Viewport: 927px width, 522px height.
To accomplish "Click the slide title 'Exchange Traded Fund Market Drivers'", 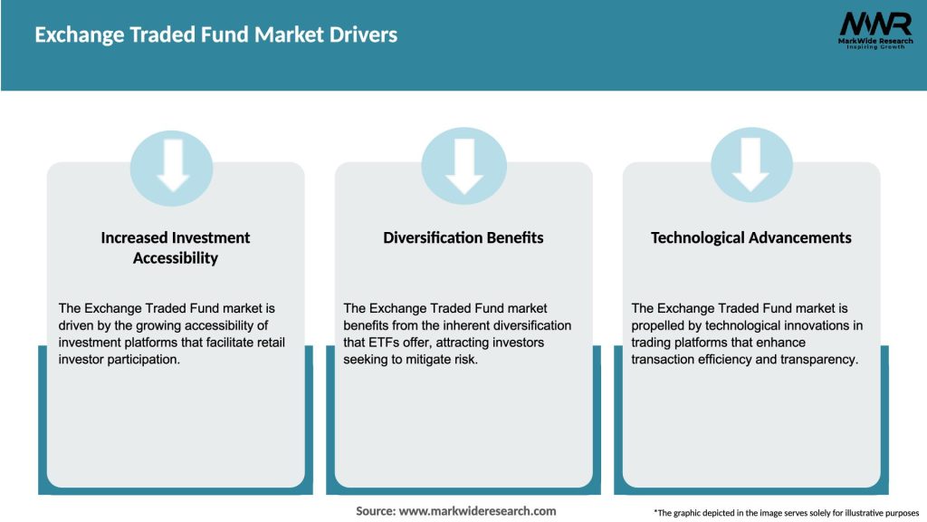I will click(x=215, y=35).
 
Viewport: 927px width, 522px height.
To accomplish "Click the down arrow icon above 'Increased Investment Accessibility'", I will click(x=172, y=166).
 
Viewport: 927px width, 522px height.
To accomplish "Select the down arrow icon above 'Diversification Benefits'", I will click(x=463, y=167).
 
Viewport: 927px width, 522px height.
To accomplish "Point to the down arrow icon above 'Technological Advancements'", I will click(x=751, y=166).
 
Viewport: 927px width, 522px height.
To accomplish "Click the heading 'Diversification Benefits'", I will click(x=463, y=237).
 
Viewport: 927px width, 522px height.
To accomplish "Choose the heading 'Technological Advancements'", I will click(x=751, y=237).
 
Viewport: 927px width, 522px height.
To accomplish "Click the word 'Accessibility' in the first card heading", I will click(x=176, y=258).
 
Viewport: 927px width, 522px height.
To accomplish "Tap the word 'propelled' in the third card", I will click(x=662, y=324).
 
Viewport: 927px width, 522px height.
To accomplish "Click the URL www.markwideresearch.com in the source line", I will click(x=477, y=511).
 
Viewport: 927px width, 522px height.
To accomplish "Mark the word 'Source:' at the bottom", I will click(x=376, y=511).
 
